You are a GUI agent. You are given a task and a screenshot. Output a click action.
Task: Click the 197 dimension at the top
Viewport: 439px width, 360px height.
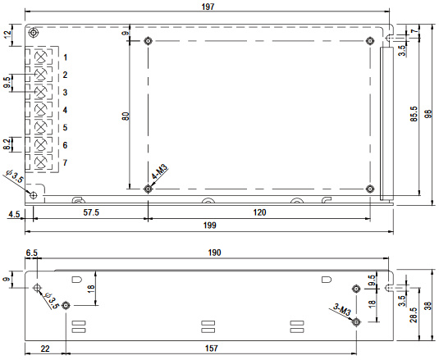pos(208,7)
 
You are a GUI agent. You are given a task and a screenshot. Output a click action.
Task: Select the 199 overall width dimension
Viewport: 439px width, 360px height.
pos(210,226)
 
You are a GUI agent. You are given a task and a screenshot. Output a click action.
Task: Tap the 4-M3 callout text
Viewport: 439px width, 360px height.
pos(159,171)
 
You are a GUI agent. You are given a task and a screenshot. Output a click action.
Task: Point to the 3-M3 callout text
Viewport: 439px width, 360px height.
pos(342,309)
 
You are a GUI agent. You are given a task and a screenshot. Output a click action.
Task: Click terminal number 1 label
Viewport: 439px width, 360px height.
pos(65,57)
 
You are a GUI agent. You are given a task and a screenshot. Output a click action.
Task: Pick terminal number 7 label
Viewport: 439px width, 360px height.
pos(65,162)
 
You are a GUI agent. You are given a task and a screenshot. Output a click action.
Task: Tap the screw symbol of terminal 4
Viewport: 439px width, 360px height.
pos(41,109)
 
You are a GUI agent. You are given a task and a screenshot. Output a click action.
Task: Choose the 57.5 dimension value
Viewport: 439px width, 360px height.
pos(91,212)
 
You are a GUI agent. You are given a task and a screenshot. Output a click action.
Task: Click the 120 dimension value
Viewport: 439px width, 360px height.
pos(259,212)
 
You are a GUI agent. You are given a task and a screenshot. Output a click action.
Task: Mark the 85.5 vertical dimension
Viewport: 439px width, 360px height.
pos(414,114)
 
